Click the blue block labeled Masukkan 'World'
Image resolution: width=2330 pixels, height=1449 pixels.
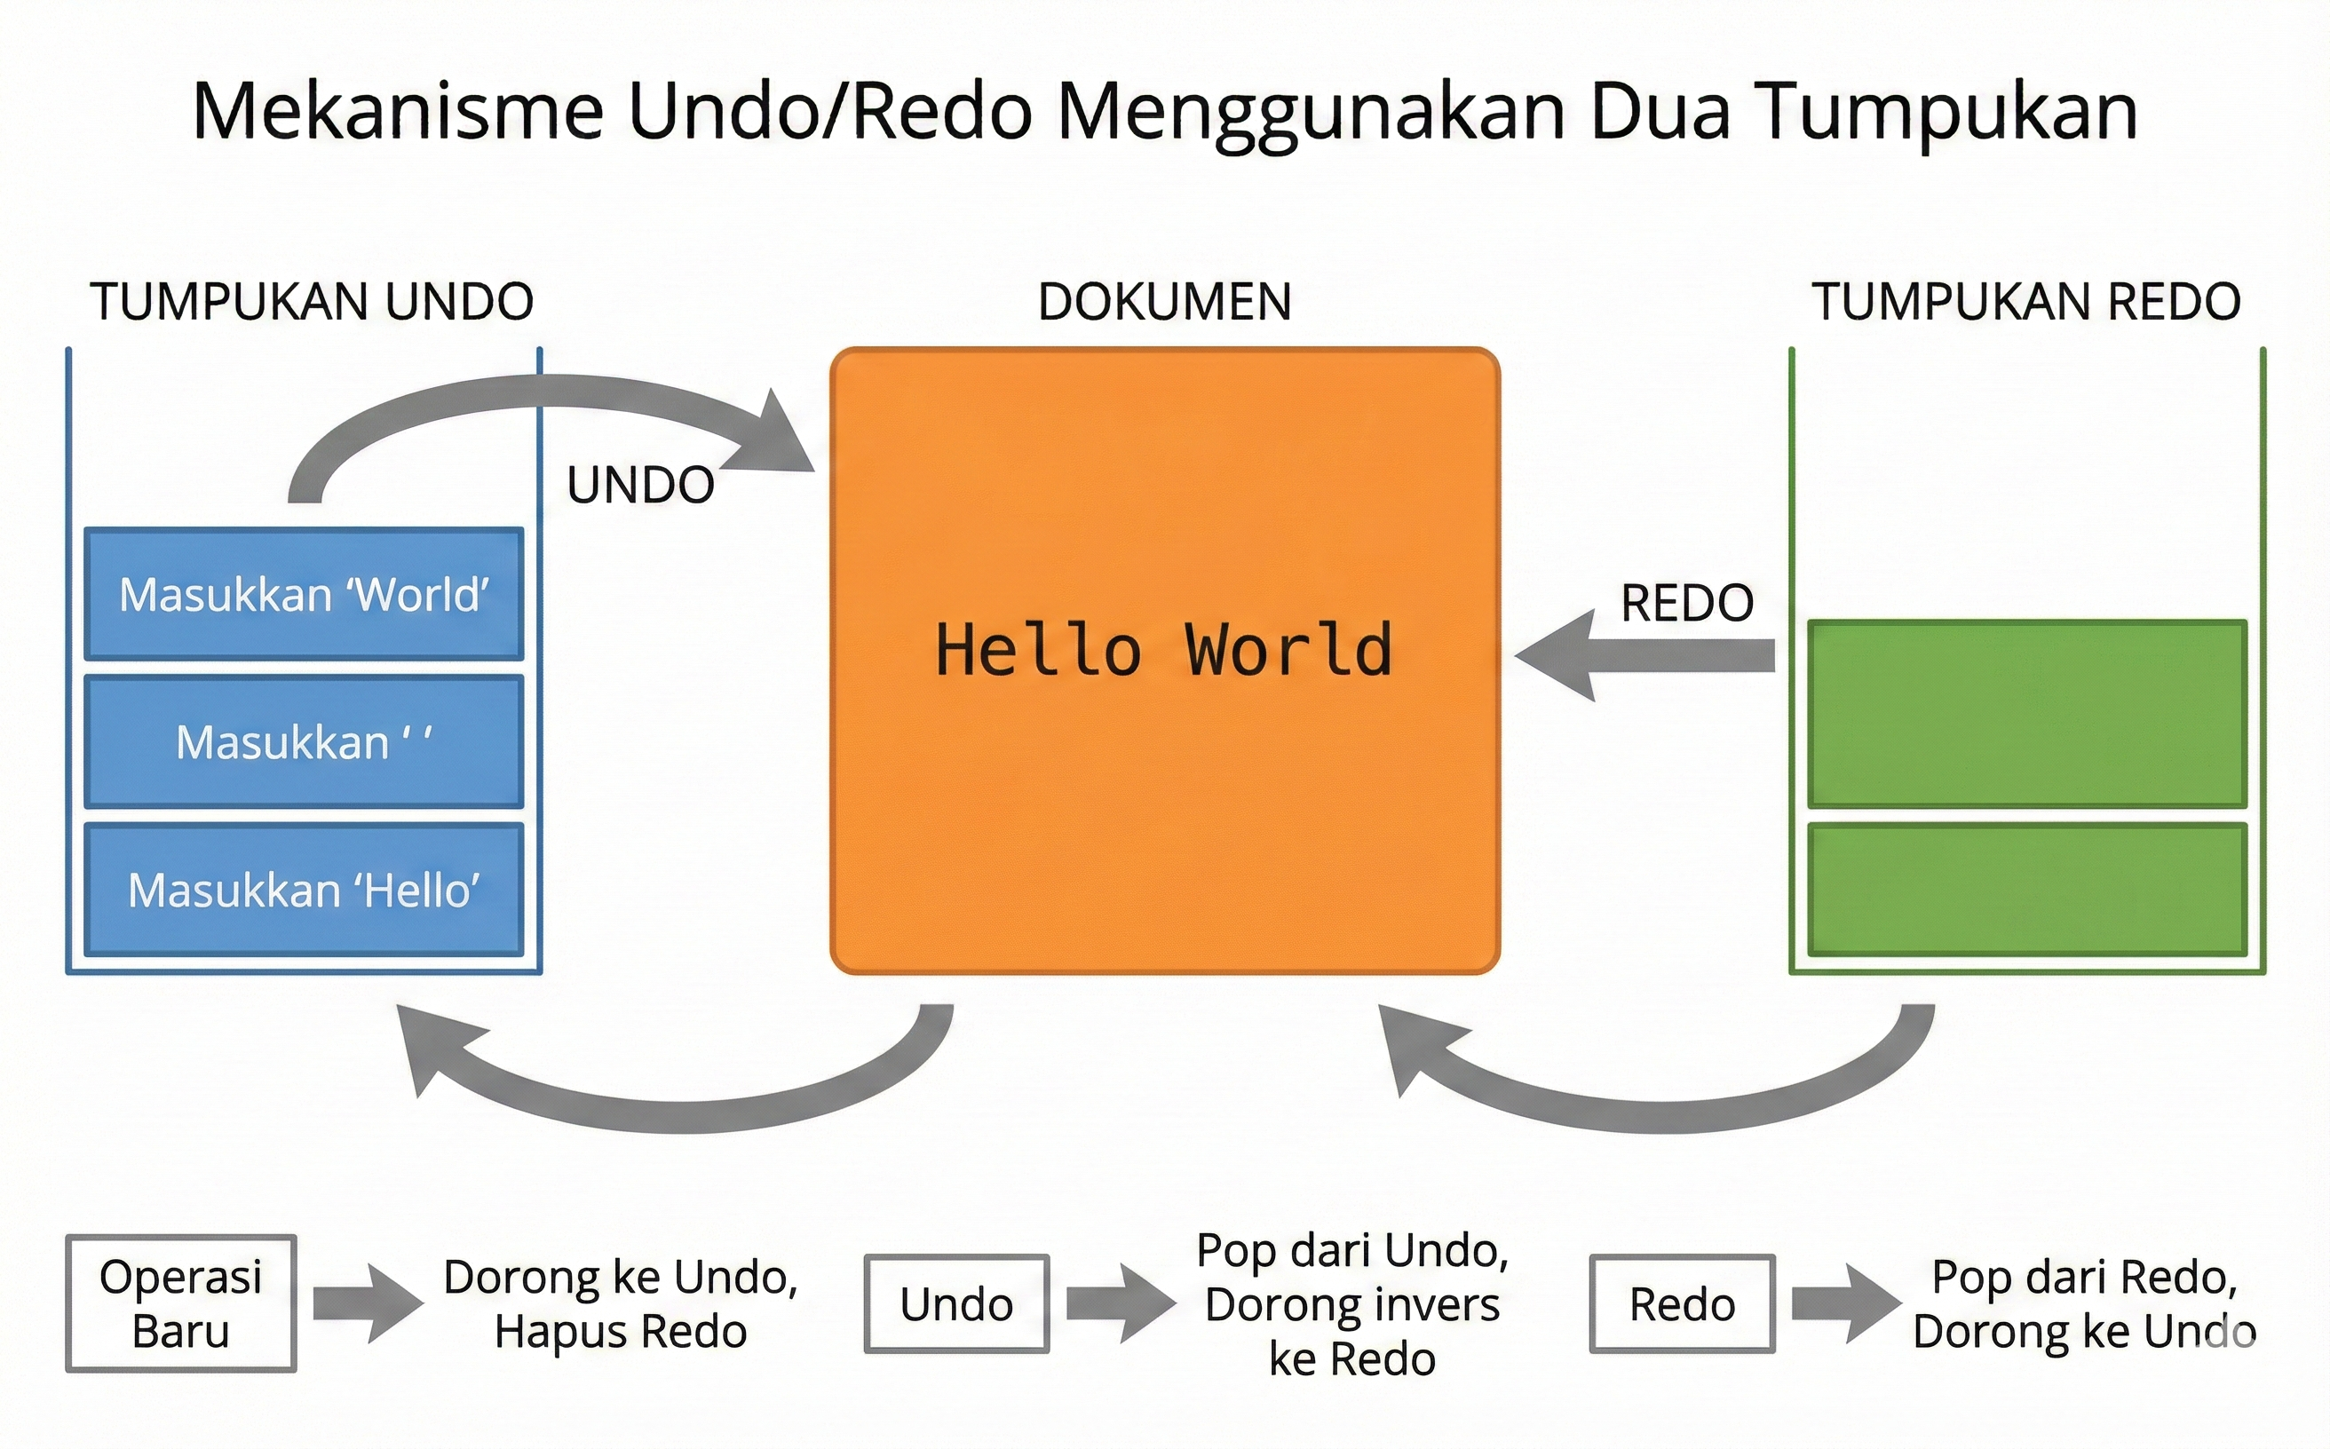click(304, 594)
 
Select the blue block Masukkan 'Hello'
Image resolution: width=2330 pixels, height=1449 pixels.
click(304, 891)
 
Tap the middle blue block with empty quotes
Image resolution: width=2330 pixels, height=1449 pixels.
click(304, 741)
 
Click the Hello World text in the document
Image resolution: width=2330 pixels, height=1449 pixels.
click(1163, 651)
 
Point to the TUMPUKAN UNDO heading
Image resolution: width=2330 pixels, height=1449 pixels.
click(312, 302)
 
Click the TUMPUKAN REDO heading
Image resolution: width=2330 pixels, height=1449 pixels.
click(2026, 302)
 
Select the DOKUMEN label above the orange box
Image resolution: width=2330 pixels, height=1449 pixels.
click(1164, 302)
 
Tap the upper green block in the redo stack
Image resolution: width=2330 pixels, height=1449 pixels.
click(2027, 714)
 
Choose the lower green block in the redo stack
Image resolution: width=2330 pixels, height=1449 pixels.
click(2027, 890)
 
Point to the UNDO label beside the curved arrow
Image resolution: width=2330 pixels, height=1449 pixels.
click(640, 485)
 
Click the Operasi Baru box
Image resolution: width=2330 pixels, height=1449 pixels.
click(181, 1303)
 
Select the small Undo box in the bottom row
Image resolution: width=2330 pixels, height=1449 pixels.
click(956, 1304)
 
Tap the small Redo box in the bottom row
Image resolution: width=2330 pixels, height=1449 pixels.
click(1682, 1304)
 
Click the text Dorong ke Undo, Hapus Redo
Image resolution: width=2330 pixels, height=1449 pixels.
click(620, 1304)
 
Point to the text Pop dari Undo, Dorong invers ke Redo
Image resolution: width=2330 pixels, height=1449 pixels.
click(1352, 1304)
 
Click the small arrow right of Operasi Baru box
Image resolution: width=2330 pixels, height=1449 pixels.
click(367, 1303)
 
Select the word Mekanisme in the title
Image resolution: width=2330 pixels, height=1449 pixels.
click(398, 112)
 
